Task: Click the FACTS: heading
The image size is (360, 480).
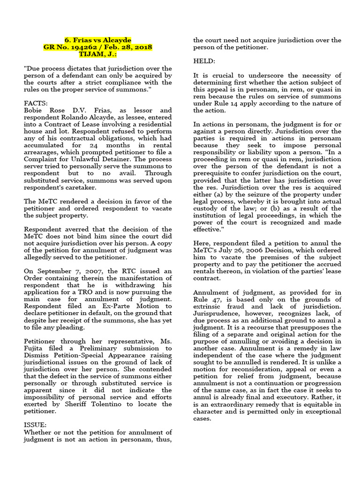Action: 36,90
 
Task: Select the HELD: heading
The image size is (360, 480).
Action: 205,61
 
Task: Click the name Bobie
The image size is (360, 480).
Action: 34,97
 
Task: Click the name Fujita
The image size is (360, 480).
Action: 34,348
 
